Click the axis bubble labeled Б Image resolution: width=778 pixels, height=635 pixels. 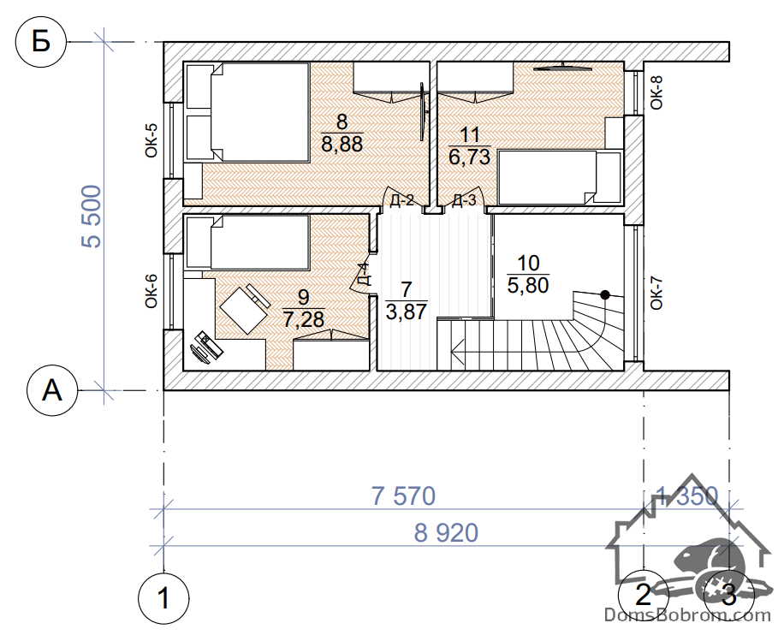pos(41,42)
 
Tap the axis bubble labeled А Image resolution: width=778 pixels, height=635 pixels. pos(52,390)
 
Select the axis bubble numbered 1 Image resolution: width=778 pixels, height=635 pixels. pos(163,598)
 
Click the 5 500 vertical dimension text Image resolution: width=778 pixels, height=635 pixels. pos(92,216)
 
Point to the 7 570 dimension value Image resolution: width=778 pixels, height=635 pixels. pos(403,496)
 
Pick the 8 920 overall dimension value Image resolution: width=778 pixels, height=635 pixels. pos(446,533)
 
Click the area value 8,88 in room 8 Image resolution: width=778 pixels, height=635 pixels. pos(341,144)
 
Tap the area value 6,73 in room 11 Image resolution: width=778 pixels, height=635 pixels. pos(469,157)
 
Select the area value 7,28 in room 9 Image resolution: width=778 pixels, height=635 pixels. pos(304,319)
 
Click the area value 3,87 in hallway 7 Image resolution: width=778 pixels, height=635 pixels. pos(406,312)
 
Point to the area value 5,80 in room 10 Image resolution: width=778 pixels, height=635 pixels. pos(528,285)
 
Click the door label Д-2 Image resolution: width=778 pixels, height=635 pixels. pos(402,200)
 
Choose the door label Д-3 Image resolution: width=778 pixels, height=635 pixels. pos(464,200)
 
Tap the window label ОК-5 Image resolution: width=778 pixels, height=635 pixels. pos(151,140)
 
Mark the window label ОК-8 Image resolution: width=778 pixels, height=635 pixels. pos(656,92)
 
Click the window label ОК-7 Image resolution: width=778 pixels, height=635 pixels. pos(656,294)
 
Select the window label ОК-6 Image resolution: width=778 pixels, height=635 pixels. pos(151,291)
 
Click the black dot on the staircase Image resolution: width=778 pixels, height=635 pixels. pos(605,294)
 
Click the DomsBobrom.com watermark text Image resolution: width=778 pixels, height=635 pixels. pos(687,615)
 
